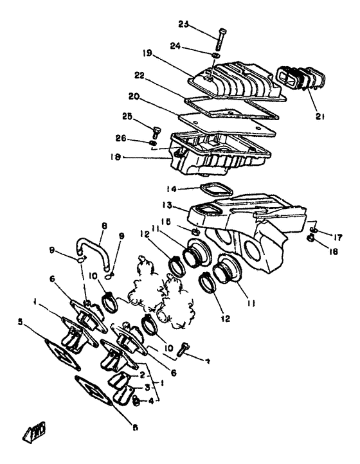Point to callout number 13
point(167,204)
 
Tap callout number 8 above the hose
point(104,227)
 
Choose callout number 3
point(147,388)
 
